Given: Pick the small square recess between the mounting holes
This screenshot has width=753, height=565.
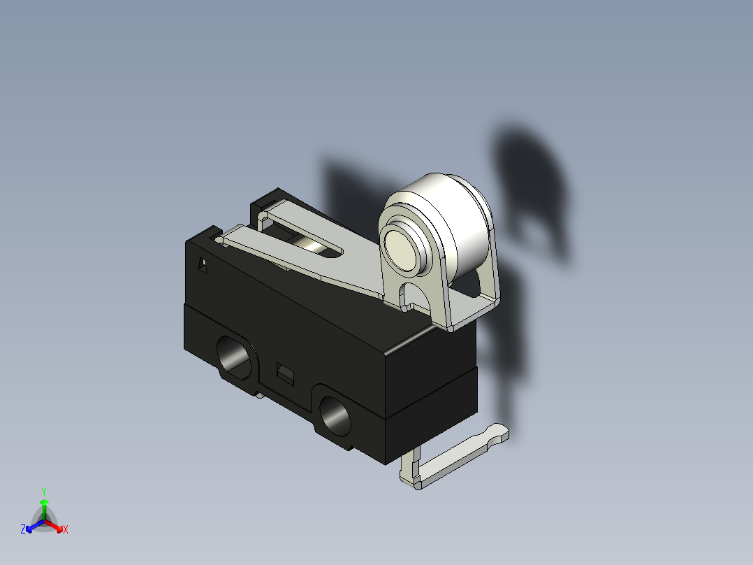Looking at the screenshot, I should (x=284, y=371).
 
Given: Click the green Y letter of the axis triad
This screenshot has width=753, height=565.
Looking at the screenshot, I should (x=43, y=492).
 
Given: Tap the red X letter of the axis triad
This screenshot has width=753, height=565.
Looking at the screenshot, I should (x=65, y=530).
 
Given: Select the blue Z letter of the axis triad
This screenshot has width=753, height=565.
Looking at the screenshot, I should (x=23, y=530).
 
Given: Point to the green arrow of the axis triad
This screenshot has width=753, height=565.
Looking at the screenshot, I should (x=43, y=505).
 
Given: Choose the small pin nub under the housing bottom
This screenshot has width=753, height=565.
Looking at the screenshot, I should (x=260, y=396).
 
